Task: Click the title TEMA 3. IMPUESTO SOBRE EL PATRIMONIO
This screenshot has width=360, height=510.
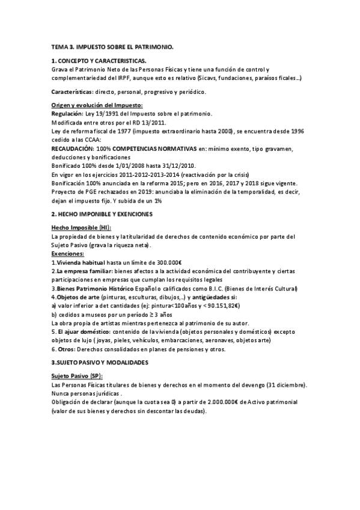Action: click(112, 46)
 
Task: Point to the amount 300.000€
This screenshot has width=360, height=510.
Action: click(172, 263)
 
